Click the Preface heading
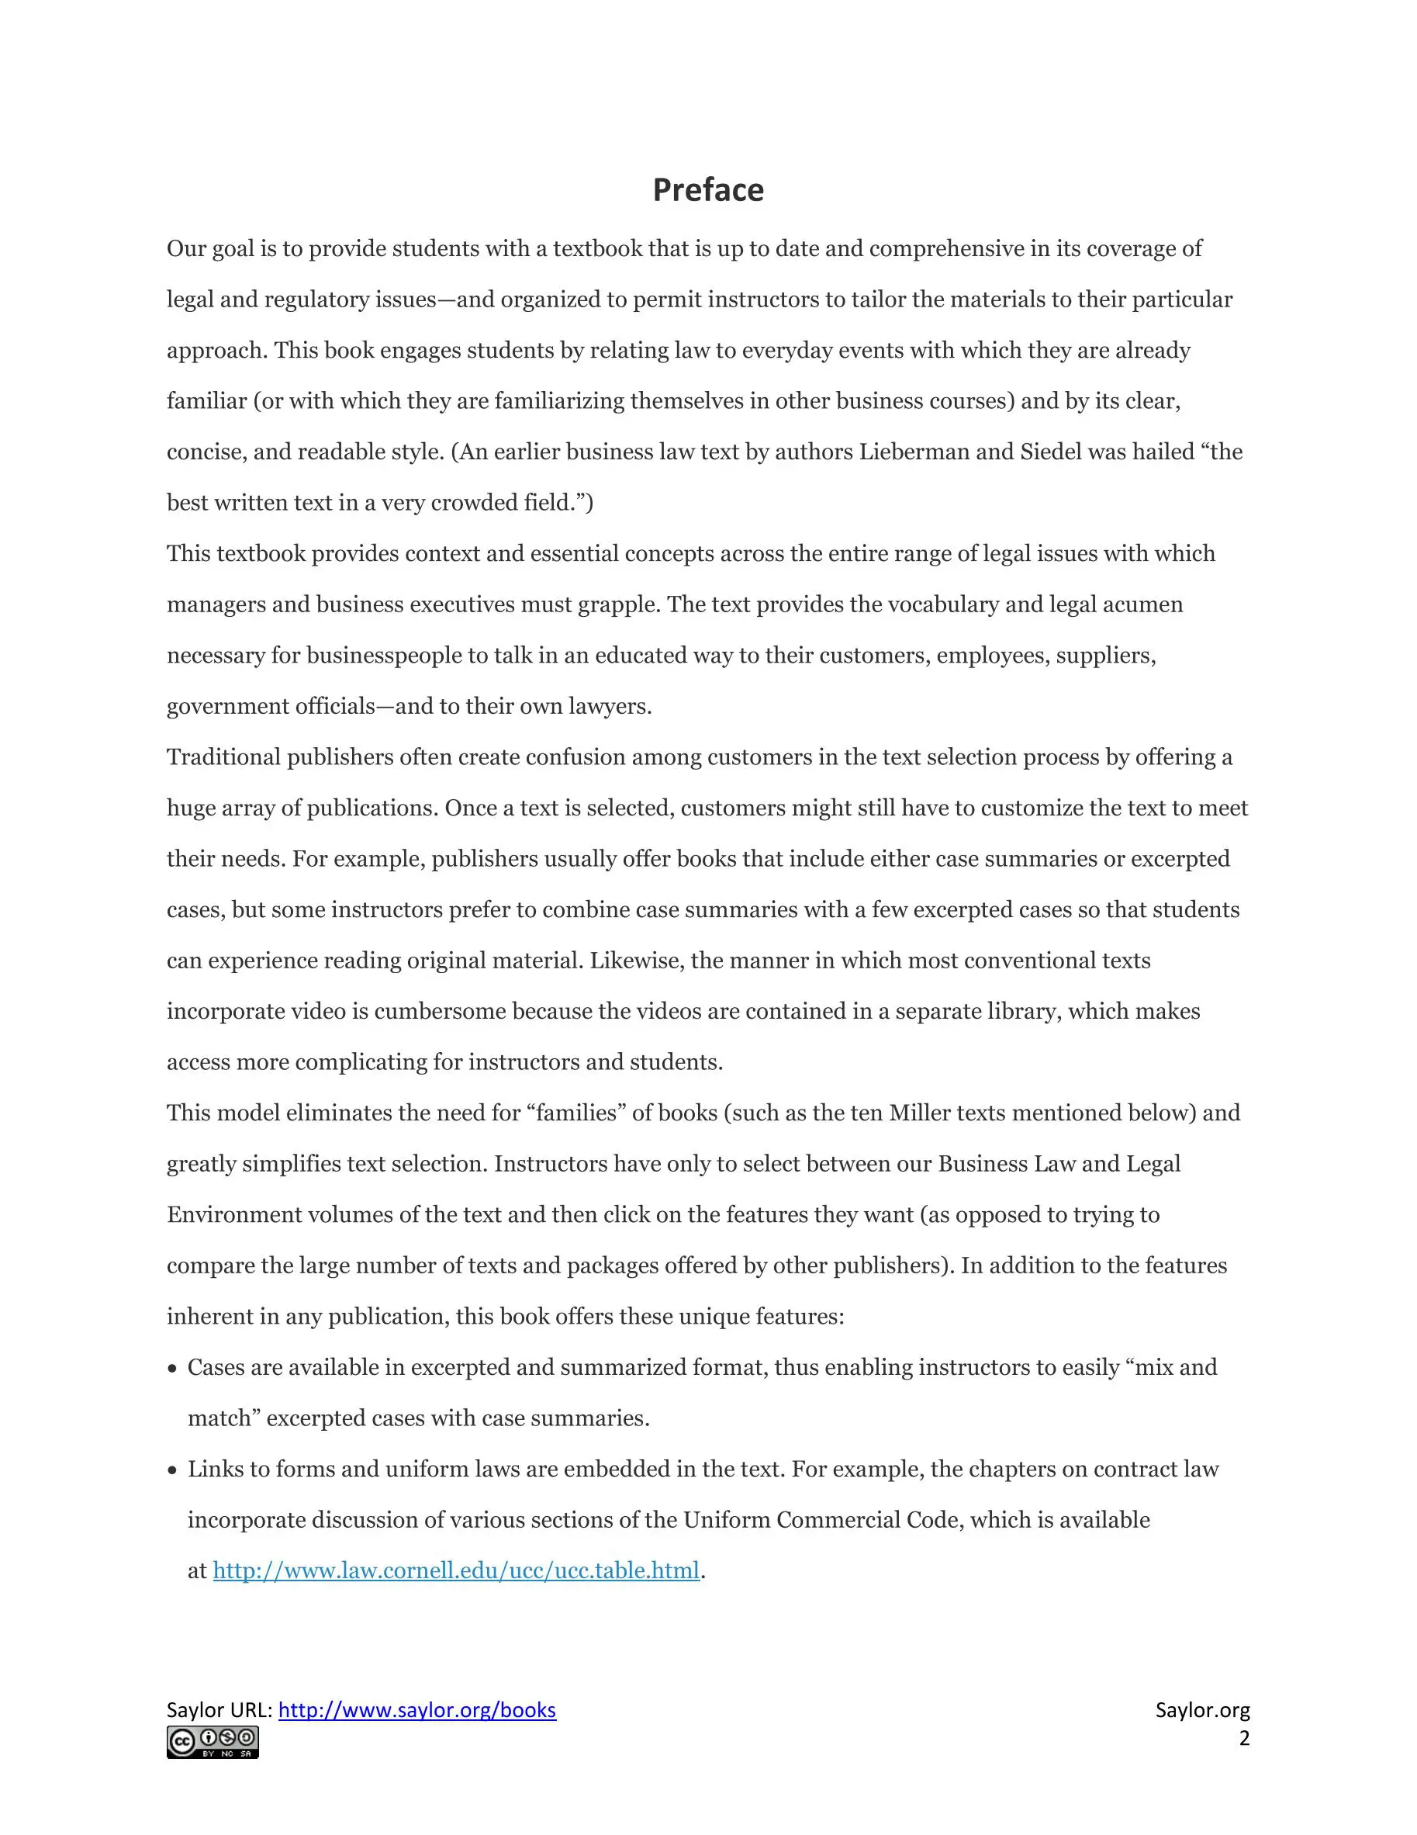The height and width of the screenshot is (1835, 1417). [708, 190]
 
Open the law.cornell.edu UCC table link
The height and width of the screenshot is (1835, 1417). [455, 1570]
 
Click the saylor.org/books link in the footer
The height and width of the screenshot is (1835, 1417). [416, 1710]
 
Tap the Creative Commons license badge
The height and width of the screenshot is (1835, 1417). [213, 1743]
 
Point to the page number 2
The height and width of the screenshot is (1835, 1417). [1244, 1738]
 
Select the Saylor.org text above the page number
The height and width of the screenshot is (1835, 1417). [1202, 1710]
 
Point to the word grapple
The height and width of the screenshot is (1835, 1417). [617, 605]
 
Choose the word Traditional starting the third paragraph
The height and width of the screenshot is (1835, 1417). [223, 757]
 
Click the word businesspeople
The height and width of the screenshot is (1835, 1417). [384, 656]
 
